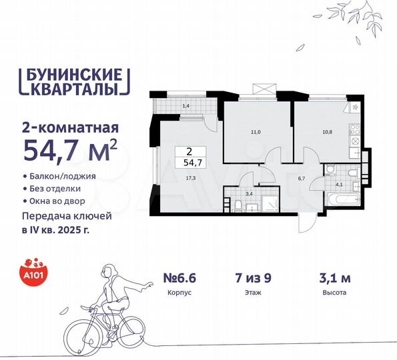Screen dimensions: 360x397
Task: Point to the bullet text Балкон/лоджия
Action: pyautogui.click(x=63, y=176)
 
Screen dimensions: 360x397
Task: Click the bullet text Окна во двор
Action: pyautogui.click(x=61, y=201)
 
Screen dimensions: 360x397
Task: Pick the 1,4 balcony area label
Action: pyautogui.click(x=167, y=106)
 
